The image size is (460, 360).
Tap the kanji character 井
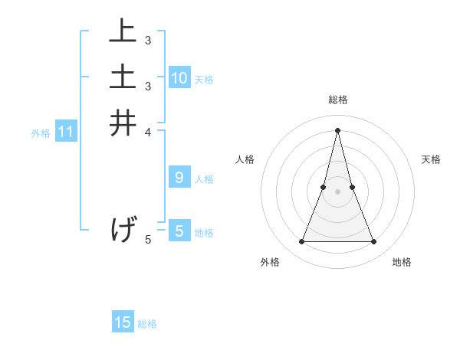click(x=123, y=123)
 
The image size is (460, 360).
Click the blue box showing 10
click(x=179, y=77)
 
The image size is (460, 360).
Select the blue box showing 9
click(x=179, y=178)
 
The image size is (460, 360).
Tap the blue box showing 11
click(x=66, y=132)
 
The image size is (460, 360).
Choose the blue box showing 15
click(x=123, y=322)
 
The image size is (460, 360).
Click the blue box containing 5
click(x=179, y=231)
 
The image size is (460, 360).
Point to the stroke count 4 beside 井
click(x=148, y=131)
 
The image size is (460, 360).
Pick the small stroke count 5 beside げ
click(x=148, y=239)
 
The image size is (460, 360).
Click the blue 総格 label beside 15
click(x=147, y=324)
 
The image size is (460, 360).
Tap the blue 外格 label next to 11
click(x=41, y=133)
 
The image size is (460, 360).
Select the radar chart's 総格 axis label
click(x=338, y=100)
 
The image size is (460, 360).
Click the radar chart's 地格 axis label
click(x=402, y=262)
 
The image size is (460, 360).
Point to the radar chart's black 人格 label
click(x=245, y=159)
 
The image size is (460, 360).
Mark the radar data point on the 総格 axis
click(x=338, y=130)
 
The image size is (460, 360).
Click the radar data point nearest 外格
click(x=301, y=242)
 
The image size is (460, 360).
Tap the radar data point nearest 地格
click(x=374, y=242)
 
